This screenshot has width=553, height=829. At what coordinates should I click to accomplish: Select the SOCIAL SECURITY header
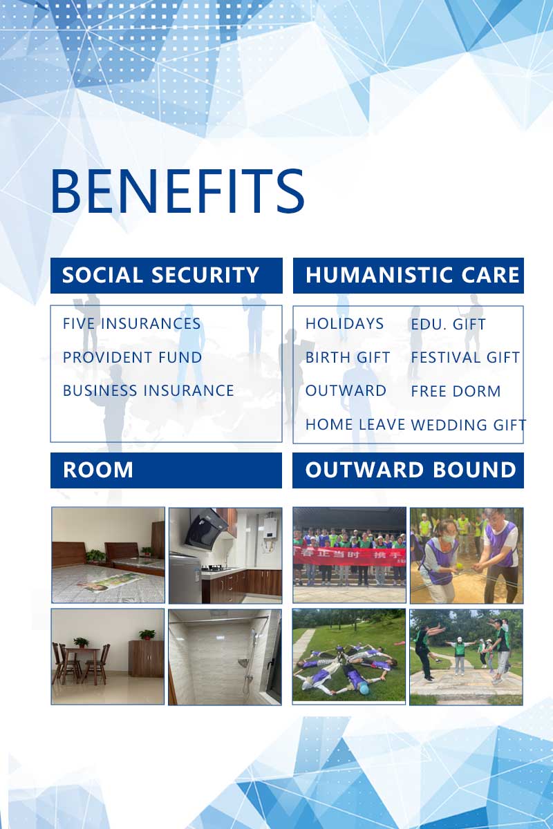tap(160, 275)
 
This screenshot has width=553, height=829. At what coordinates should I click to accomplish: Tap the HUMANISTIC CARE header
tap(412, 275)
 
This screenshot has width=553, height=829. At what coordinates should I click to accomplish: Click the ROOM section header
tap(98, 470)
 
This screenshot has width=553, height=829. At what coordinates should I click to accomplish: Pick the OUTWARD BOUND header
tap(411, 470)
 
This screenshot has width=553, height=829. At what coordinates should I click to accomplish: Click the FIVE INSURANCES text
tap(131, 323)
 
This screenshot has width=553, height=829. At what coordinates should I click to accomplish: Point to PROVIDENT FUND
tap(132, 357)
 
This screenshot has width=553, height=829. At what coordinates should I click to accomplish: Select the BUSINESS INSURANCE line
tap(148, 390)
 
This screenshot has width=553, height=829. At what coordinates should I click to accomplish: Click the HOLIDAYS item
tap(344, 323)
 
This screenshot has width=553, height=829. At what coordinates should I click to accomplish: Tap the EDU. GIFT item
tap(448, 324)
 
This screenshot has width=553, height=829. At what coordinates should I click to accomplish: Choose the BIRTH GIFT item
tap(348, 357)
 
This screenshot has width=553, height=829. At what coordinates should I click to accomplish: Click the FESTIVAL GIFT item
tap(465, 357)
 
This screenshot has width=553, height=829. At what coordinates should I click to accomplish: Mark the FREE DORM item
tap(456, 391)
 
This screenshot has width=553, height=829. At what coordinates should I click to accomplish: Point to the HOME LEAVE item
tap(355, 424)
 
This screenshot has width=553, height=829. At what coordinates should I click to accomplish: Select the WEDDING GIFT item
tap(469, 425)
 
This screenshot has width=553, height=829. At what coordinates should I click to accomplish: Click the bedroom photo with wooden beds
tap(108, 555)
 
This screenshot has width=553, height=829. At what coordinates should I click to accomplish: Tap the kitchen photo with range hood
tap(225, 555)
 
